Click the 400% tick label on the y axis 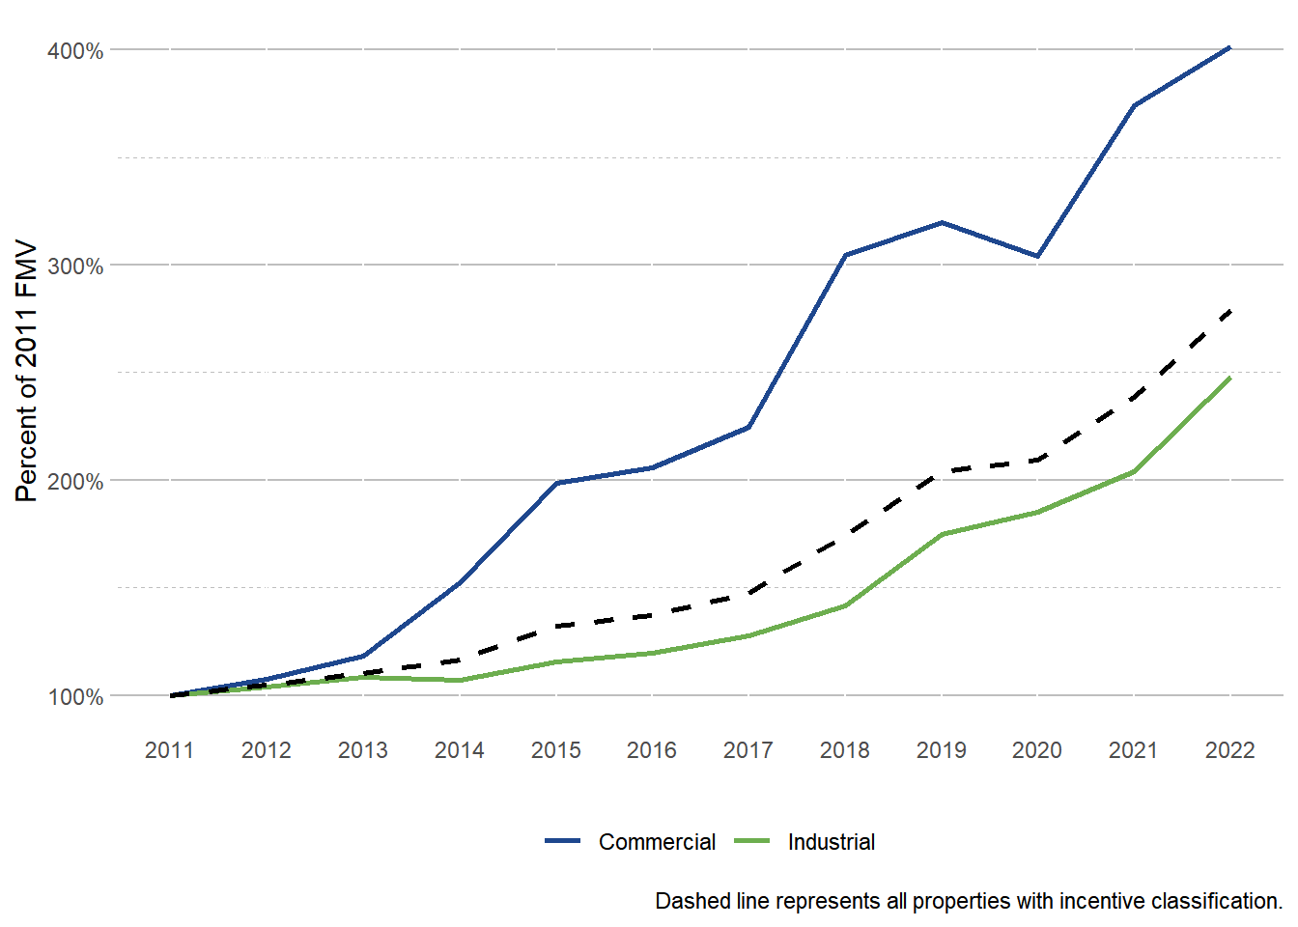click(x=75, y=51)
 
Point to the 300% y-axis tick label click(x=75, y=267)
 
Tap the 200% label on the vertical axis click(x=75, y=482)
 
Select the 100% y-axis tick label click(x=75, y=697)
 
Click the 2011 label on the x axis click(x=170, y=750)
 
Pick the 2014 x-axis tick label click(x=460, y=750)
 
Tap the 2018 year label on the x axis click(x=845, y=750)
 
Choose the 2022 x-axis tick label click(x=1230, y=750)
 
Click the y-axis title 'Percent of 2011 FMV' click(x=27, y=372)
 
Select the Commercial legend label click(x=657, y=842)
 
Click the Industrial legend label click(x=832, y=842)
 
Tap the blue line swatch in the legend click(x=562, y=842)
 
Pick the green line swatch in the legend click(x=752, y=842)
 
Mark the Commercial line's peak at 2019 click(x=942, y=223)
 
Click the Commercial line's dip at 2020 click(x=1037, y=257)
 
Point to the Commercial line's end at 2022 click(x=1229, y=47)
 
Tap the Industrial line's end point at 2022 click(x=1229, y=378)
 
